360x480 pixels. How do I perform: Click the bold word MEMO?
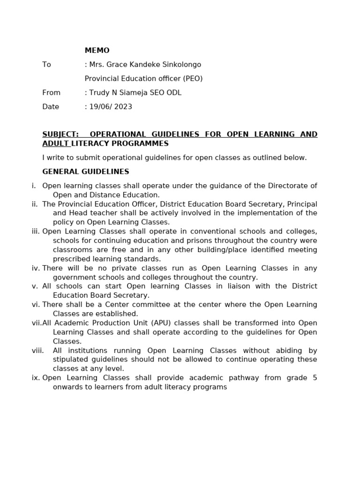click(x=97, y=51)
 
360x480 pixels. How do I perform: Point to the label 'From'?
click(x=51, y=93)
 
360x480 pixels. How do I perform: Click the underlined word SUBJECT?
click(x=60, y=135)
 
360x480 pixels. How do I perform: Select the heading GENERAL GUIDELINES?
click(x=86, y=172)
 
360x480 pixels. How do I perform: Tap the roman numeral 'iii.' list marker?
click(x=36, y=232)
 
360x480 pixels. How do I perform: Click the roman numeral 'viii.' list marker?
click(x=38, y=351)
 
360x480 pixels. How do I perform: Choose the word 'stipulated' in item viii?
click(x=71, y=360)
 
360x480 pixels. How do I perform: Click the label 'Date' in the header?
click(x=51, y=107)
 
